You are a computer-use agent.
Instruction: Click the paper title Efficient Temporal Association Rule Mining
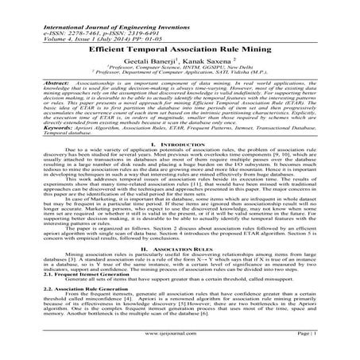click(x=180, y=48)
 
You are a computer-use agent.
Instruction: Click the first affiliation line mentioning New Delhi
click(x=180, y=68)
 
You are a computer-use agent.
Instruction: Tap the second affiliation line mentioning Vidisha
click(x=180, y=74)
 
